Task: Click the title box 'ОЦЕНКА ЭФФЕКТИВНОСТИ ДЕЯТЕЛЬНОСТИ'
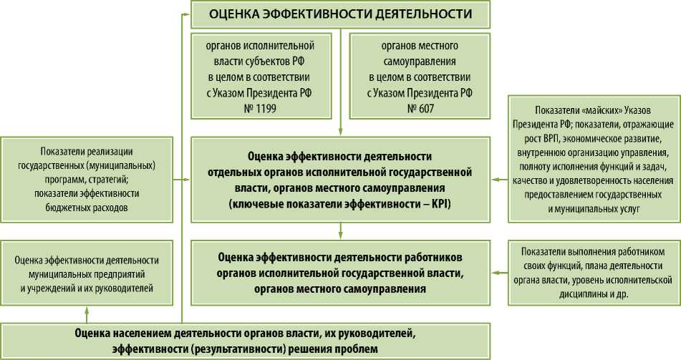click(340, 14)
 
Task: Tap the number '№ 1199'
click(261, 108)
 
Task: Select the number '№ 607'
click(420, 108)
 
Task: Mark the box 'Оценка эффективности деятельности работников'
click(340, 273)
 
